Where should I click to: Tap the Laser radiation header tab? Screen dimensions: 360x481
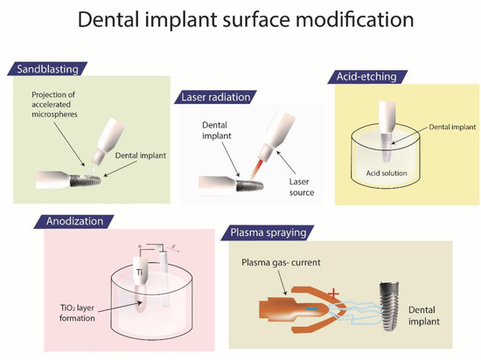219,94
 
